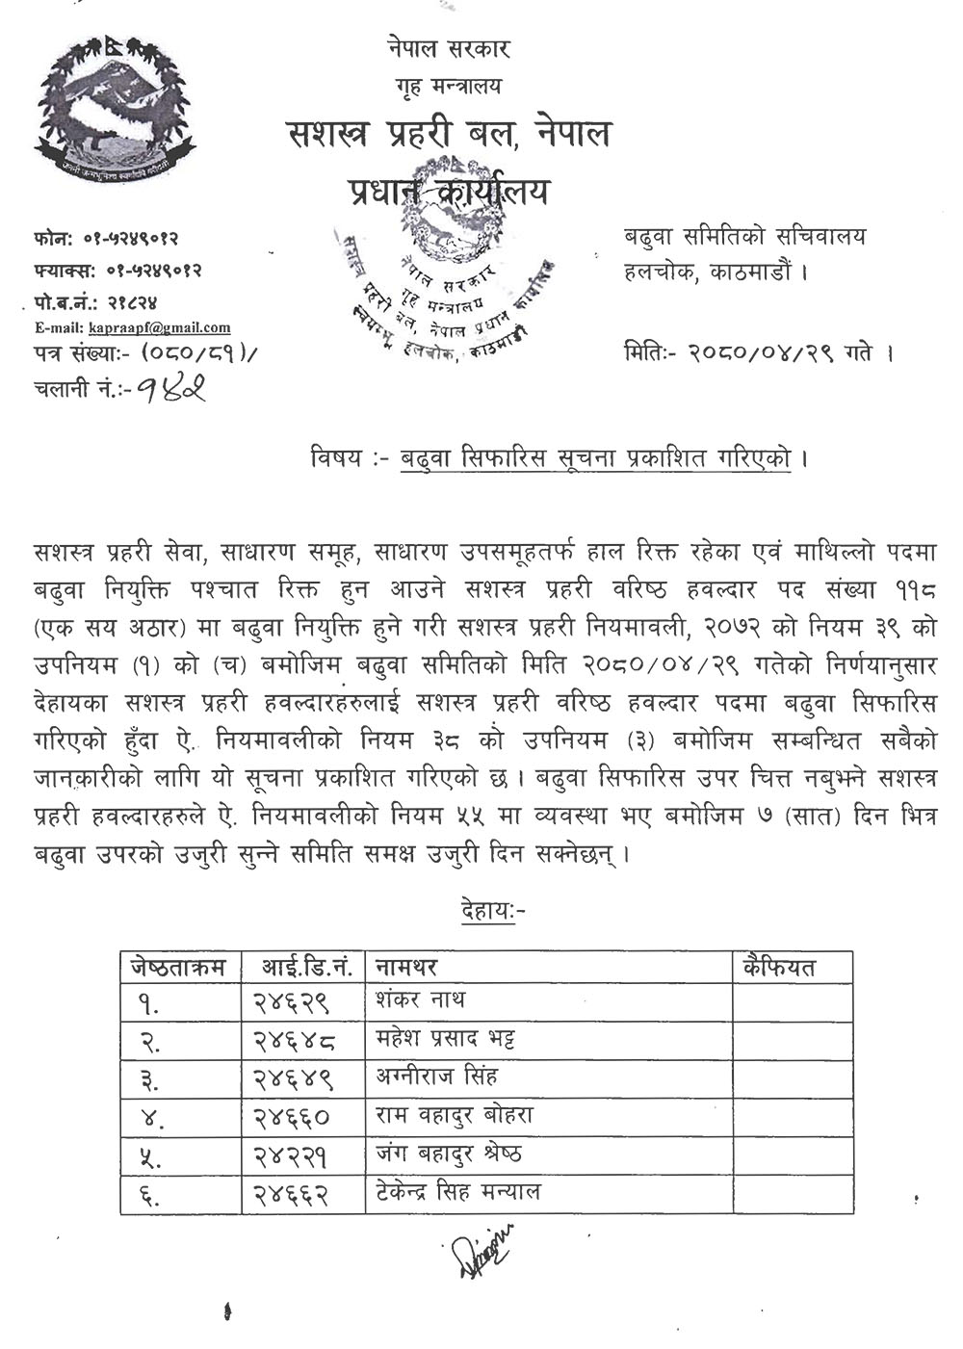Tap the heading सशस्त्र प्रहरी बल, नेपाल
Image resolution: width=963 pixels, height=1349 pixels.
pos(450,134)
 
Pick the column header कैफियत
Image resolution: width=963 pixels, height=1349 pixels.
pos(780,967)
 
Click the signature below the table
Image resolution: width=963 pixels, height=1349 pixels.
pos(481,1248)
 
